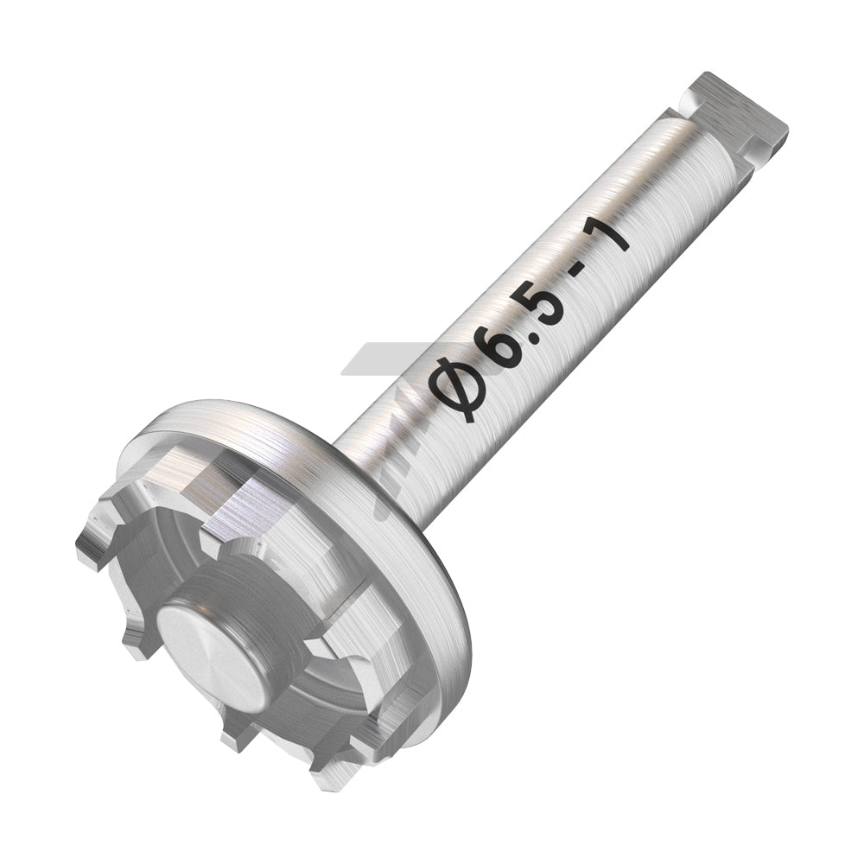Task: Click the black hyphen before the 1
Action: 584,274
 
